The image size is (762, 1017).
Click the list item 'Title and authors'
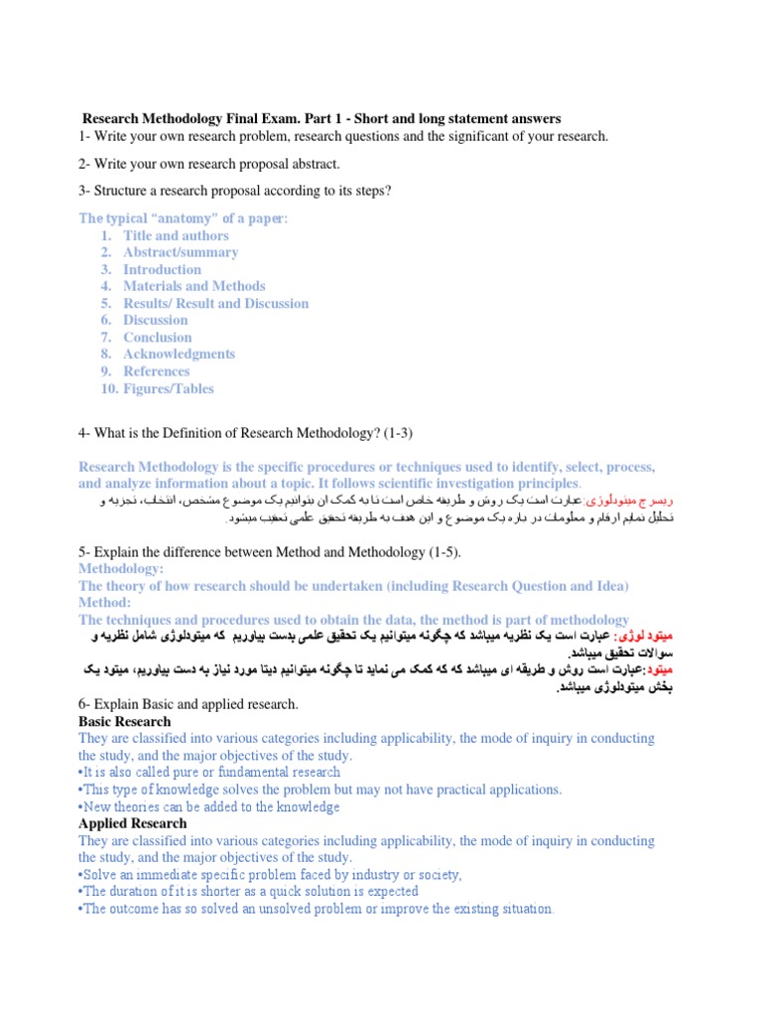[176, 235]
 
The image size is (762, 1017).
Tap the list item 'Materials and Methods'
[194, 286]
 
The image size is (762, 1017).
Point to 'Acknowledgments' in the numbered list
[179, 354]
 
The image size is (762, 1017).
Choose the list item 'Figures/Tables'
[169, 388]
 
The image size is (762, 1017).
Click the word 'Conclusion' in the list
[158, 337]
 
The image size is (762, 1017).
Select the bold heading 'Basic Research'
[125, 721]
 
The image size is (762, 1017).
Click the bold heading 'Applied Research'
[132, 823]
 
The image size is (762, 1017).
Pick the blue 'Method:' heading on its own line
[105, 603]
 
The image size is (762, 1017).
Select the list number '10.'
[109, 388]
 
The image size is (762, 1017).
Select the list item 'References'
[157, 370]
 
